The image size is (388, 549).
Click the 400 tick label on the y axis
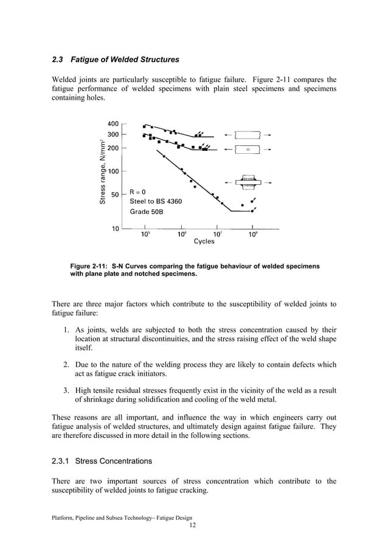113,123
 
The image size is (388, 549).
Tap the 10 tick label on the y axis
114,229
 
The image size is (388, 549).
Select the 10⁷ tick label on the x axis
217,234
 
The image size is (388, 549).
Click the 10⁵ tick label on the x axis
146,234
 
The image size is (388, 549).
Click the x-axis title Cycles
204,241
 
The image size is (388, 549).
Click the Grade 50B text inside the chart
147,212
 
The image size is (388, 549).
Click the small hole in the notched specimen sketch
248,149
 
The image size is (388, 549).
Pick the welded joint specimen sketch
248,182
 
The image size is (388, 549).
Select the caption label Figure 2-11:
89,266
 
